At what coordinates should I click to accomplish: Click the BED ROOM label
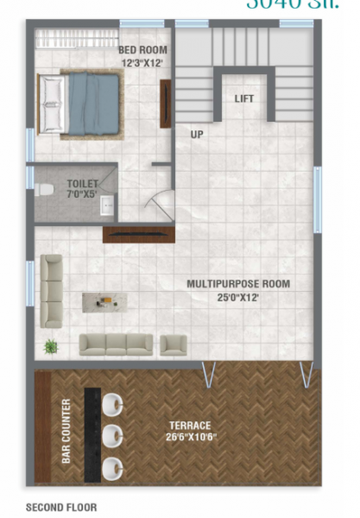click(142, 50)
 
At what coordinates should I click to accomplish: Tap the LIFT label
click(244, 99)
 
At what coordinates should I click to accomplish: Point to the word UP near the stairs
click(197, 134)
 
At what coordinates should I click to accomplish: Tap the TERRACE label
click(190, 426)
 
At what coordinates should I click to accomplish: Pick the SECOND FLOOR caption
click(61, 508)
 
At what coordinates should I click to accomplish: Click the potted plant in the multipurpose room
click(51, 346)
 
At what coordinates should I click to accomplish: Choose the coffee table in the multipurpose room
click(104, 301)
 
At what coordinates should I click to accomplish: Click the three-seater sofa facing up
click(116, 344)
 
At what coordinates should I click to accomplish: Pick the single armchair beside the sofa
click(174, 344)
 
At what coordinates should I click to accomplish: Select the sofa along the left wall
click(52, 291)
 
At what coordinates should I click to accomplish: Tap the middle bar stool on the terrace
click(113, 435)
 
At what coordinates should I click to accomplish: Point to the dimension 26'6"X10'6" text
click(191, 438)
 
